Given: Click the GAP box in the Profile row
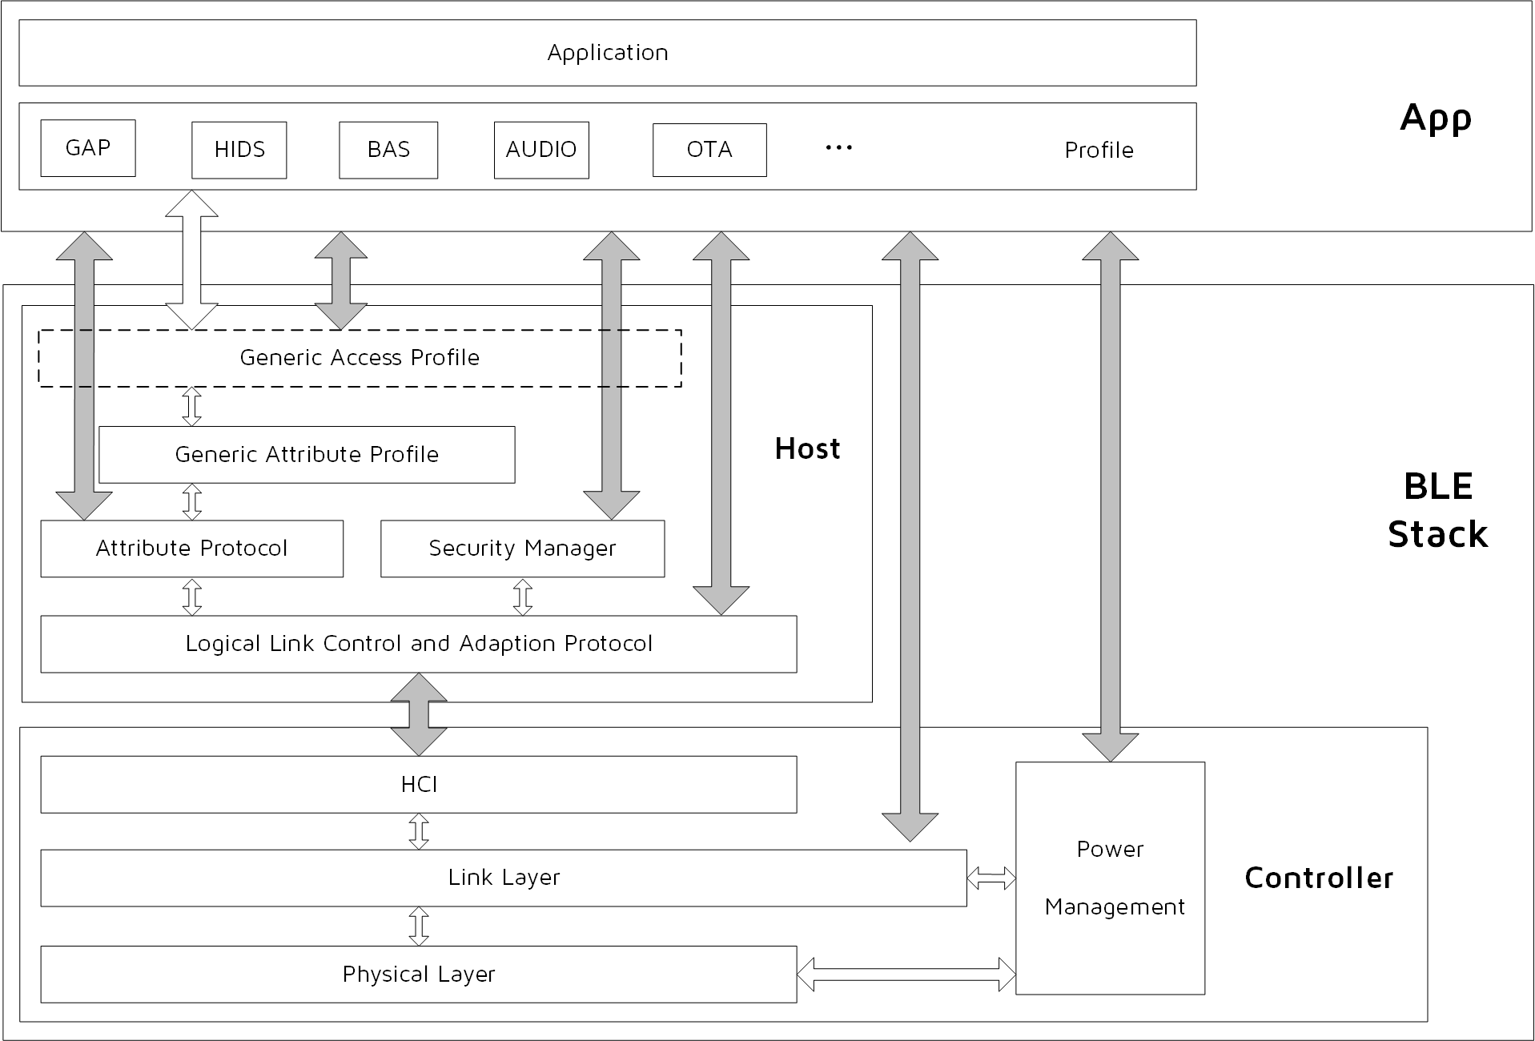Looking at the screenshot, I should tap(88, 148).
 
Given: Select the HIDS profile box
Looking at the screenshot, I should tap(239, 150).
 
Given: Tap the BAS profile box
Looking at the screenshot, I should tap(388, 150).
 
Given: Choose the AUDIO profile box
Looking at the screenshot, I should tap(541, 150).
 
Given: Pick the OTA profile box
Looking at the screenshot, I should tap(709, 150).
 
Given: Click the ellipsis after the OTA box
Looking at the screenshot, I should tap(838, 148).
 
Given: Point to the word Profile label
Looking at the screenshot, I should tap(1099, 151).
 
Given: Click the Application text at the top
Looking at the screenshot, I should tap(607, 53).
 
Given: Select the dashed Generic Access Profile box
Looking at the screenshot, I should tap(360, 358).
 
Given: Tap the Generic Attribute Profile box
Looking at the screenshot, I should tap(307, 455).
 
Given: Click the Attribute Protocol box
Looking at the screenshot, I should tap(191, 549).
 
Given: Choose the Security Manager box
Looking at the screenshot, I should tap(522, 549).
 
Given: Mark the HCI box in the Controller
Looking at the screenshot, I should tap(419, 785).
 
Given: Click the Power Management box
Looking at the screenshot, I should tap(1110, 878).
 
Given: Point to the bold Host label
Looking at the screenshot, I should tap(807, 449).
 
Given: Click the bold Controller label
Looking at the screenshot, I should tap(1319, 878).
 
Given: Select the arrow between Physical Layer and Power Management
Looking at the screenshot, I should tap(906, 975).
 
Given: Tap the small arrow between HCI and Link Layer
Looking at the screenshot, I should tap(419, 831).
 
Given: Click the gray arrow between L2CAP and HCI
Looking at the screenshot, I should tap(419, 714).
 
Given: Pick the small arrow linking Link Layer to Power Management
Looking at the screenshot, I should tap(991, 878).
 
